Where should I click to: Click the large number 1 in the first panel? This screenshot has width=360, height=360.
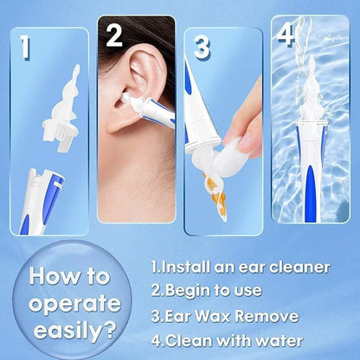tap(25, 47)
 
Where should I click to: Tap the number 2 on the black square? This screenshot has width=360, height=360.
tap(114, 35)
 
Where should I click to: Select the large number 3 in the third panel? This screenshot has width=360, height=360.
tap(202, 47)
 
